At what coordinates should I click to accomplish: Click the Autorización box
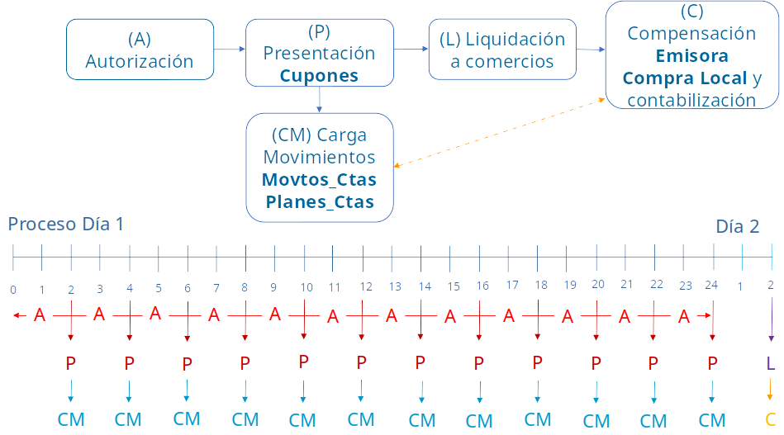coord(140,50)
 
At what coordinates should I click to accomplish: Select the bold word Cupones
coord(319,76)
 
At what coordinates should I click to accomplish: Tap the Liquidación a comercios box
coord(502,50)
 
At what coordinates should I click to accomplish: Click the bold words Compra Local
coord(685,78)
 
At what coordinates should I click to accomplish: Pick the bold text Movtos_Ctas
coord(319,180)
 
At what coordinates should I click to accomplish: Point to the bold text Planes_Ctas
coord(319,202)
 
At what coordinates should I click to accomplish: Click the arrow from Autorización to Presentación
coord(230,50)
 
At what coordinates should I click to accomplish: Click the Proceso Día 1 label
coord(66,224)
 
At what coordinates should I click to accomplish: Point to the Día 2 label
coord(737,227)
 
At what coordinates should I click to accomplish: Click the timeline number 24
coord(711,285)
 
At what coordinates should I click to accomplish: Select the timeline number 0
coord(13,290)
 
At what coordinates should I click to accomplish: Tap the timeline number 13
coord(395,286)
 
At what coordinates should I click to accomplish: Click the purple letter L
coord(771,362)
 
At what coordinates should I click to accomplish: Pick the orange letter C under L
coord(771,418)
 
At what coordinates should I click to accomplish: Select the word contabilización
coord(691,101)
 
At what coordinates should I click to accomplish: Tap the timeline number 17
coord(512,285)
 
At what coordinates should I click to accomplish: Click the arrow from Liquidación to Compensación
coord(591,50)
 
